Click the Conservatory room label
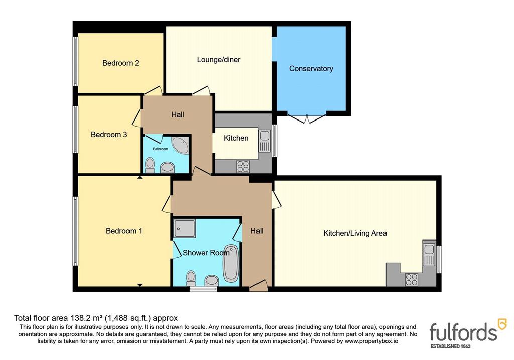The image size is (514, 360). (311, 68)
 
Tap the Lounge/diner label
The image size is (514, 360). (219, 60)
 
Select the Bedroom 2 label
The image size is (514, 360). (120, 63)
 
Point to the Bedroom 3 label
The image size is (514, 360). (109, 135)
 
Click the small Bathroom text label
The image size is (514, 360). (160, 149)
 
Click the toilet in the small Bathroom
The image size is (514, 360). (150, 165)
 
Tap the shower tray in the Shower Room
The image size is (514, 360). (185, 228)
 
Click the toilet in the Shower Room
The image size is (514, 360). (191, 278)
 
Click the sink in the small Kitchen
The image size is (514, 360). (264, 141)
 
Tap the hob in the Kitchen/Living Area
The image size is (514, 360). (412, 280)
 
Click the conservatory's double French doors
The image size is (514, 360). (307, 118)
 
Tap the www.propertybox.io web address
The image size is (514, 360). (371, 341)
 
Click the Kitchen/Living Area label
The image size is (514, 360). (355, 233)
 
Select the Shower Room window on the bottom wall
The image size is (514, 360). (203, 289)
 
